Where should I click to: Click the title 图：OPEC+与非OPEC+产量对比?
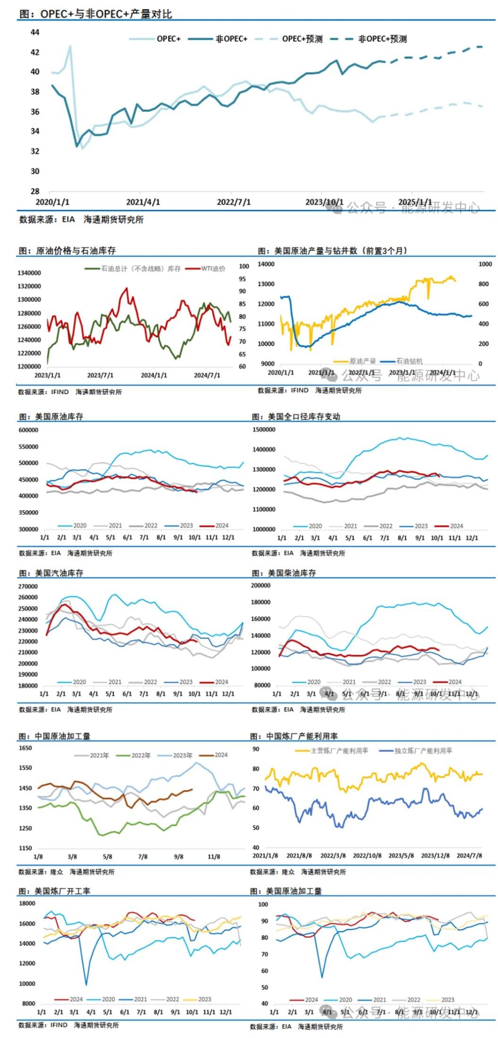click(x=95, y=14)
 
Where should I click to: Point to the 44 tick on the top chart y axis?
click(x=34, y=33)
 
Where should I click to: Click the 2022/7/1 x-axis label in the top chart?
click(x=234, y=202)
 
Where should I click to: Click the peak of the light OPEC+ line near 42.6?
click(x=70, y=46)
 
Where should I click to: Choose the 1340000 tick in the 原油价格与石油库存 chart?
click(x=29, y=273)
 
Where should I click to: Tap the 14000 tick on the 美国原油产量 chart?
click(x=266, y=264)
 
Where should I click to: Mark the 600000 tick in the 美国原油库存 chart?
click(x=28, y=430)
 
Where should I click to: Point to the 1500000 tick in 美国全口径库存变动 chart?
click(x=264, y=430)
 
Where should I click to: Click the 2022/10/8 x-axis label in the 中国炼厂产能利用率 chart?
click(x=367, y=855)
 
